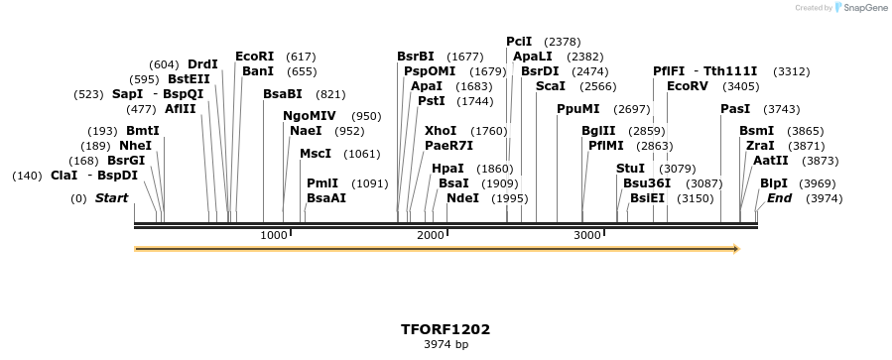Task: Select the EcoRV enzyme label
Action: click(688, 86)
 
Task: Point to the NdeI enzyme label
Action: click(462, 198)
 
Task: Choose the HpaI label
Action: click(447, 169)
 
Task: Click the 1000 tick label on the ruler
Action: click(273, 235)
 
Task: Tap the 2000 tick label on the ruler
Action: click(430, 235)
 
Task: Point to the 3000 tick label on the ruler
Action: click(587, 235)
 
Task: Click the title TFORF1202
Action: click(446, 329)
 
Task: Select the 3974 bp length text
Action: click(446, 345)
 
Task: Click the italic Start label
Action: click(111, 198)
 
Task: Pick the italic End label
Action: click(780, 198)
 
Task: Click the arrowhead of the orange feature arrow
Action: click(735, 249)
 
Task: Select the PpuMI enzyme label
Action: click(577, 109)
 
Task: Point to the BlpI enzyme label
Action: click(774, 183)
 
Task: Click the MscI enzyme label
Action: click(316, 154)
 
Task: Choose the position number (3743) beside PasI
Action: click(781, 109)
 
